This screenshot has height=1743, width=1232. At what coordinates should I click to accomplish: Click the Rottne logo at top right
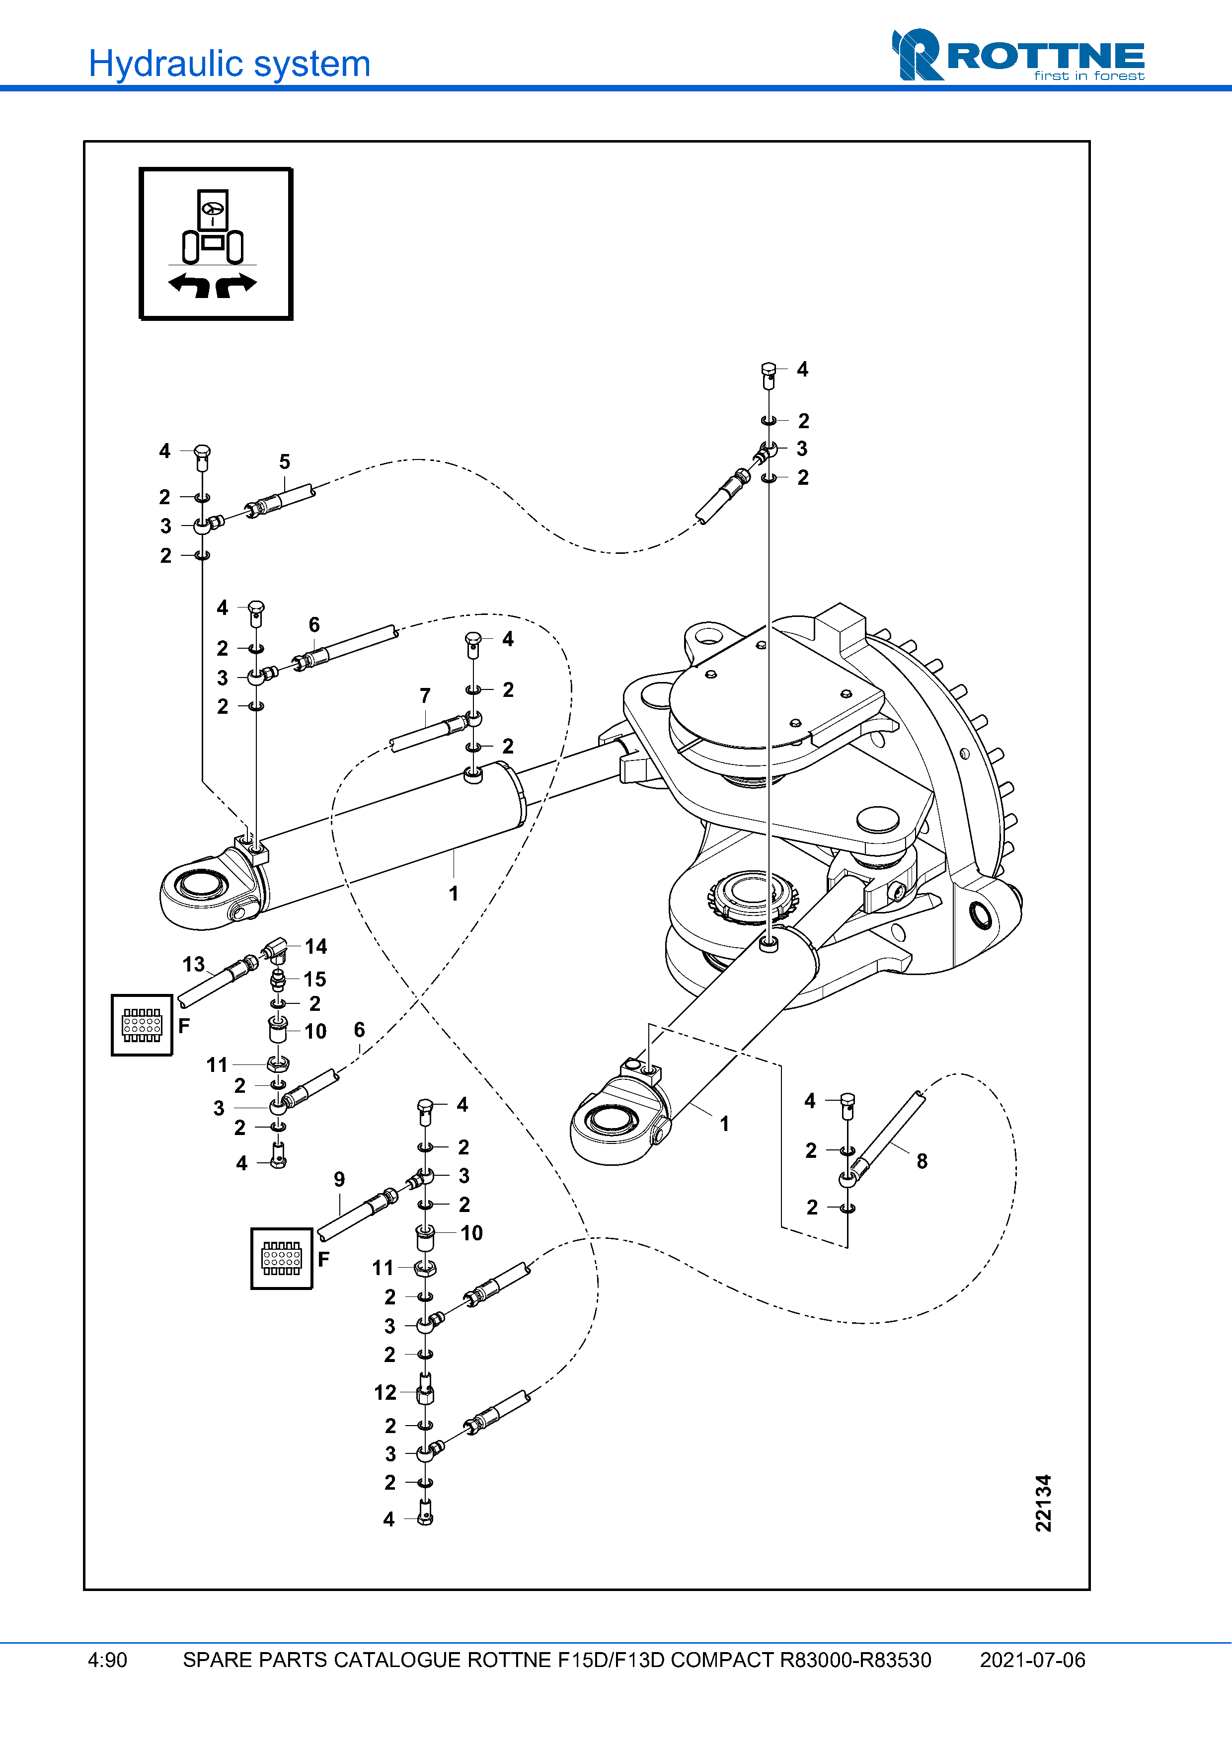[x=1017, y=56]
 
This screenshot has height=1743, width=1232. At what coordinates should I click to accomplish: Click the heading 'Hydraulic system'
[x=229, y=64]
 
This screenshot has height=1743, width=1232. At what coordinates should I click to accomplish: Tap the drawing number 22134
[x=1044, y=1503]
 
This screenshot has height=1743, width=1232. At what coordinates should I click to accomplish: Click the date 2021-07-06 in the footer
[x=1032, y=1660]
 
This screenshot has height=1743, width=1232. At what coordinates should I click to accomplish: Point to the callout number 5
[x=285, y=461]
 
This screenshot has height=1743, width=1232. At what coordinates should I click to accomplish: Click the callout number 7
[x=425, y=695]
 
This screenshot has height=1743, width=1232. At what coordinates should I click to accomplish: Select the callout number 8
[x=922, y=1161]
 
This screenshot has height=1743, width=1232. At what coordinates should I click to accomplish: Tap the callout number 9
[x=339, y=1179]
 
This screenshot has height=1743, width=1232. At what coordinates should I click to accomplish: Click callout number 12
[x=385, y=1392]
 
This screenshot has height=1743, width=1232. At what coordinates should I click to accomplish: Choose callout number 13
[x=194, y=964]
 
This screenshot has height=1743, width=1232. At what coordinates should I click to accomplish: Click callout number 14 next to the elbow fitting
[x=316, y=946]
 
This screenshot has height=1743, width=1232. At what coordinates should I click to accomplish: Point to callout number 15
[x=315, y=980]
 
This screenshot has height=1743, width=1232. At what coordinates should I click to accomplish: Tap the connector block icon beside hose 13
[x=142, y=1025]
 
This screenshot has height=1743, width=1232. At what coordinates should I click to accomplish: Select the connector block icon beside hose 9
[x=282, y=1259]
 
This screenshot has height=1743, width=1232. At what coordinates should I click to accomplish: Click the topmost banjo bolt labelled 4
[x=768, y=372]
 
